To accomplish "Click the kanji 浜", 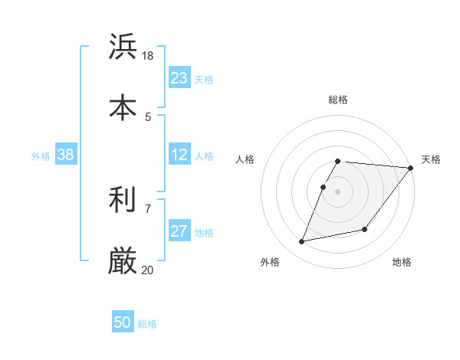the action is [123, 47].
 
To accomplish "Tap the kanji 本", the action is [123, 107].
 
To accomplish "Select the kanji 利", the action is [123, 200].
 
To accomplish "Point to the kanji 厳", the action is [123, 260].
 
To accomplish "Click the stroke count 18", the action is [148, 56].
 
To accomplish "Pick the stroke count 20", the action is [148, 270].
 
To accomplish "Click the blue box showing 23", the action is [179, 77].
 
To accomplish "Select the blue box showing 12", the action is [179, 155].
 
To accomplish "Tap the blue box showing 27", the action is [179, 231].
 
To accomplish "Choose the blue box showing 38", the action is [66, 155].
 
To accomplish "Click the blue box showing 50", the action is [123, 322].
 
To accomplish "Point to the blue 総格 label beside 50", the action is [148, 324].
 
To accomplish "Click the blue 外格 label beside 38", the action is [41, 156].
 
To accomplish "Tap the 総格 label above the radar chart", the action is [338, 100].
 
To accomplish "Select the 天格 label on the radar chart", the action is [431, 159].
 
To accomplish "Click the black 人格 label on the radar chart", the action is [245, 159].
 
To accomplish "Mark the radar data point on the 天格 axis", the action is [411, 168].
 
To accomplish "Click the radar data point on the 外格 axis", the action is [302, 242].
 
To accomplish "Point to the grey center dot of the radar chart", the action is [338, 191].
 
